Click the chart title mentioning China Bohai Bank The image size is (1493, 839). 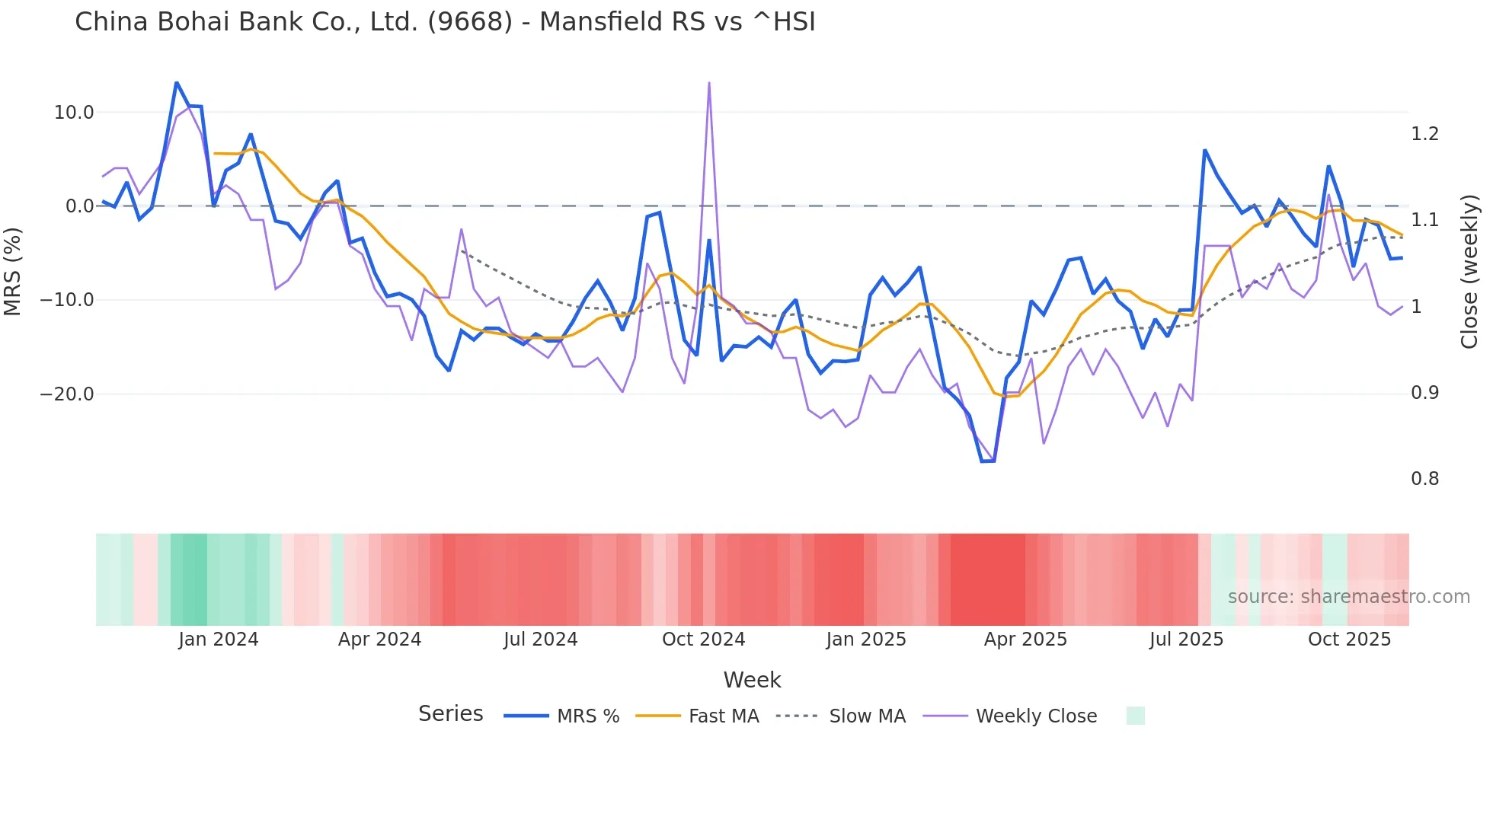(445, 21)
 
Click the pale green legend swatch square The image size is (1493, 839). (1135, 716)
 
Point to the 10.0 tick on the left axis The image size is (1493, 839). (74, 113)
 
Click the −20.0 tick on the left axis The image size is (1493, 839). (67, 394)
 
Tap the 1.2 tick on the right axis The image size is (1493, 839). (1424, 134)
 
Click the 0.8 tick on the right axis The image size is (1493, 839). (1424, 479)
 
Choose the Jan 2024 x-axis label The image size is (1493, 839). (219, 640)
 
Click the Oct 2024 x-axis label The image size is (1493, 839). (703, 640)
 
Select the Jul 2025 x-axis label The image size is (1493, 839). (1186, 640)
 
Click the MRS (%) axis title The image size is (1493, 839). (13, 272)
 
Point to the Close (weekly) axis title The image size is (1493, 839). (1469, 272)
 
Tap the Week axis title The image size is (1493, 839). (752, 680)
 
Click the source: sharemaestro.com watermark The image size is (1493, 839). (1348, 597)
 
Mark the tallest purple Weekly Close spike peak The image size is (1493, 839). (709, 83)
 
